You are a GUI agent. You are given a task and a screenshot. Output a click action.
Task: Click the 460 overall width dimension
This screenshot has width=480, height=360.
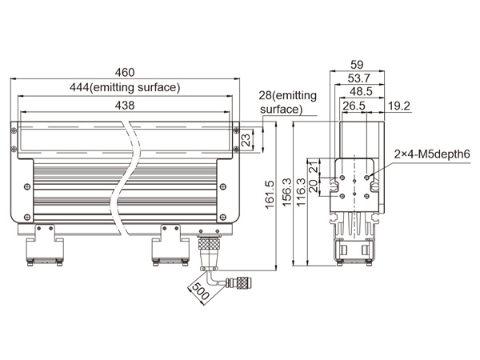tap(125, 73)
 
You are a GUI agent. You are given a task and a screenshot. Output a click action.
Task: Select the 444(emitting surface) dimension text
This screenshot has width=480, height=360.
tap(125, 87)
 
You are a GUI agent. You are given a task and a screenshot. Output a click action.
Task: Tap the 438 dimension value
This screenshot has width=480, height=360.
tap(125, 106)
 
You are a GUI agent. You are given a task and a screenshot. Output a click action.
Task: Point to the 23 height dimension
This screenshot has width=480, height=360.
tap(246, 139)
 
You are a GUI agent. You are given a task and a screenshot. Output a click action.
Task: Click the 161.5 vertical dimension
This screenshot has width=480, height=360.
tap(270, 194)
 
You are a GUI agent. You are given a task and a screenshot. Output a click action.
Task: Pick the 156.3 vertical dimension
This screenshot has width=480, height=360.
tap(287, 192)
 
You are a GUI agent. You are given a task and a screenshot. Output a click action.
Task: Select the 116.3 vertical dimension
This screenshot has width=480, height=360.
tap(302, 192)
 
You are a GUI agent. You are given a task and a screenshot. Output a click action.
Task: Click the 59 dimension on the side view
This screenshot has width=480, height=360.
tap(357, 65)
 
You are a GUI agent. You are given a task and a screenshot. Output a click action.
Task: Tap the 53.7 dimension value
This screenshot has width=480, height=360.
tap(358, 78)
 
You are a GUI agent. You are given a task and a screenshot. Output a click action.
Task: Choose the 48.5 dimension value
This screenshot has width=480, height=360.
tap(361, 91)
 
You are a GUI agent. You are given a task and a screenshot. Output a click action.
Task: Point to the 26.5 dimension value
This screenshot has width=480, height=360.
tap(354, 106)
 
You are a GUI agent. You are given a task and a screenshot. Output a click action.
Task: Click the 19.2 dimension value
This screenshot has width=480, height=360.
tap(399, 106)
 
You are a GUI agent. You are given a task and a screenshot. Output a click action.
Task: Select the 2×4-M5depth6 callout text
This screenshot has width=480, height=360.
tap(432, 154)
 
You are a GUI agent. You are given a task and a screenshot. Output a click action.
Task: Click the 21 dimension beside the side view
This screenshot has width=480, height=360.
tap(314, 167)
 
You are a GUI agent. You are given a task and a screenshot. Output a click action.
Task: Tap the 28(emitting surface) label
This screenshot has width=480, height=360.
tap(287, 102)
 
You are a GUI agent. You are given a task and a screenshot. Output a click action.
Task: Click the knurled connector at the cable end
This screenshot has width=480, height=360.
tap(242, 282)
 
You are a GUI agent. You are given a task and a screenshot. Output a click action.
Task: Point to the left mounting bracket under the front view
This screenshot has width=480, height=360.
tap(44, 245)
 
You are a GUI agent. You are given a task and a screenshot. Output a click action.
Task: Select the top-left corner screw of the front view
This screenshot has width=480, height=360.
tap(14, 130)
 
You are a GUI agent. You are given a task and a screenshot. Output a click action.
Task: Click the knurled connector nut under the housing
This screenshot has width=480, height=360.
tap(209, 244)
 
